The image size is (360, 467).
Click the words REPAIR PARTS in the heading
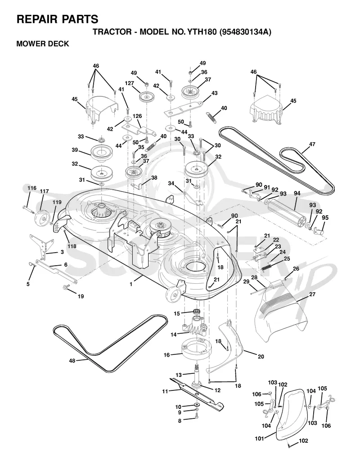[x=58, y=19]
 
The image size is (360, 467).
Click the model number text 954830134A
[x=245, y=32]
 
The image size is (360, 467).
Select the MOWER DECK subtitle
[x=43, y=44]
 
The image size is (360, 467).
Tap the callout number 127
[x=130, y=83]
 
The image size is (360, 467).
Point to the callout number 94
[x=297, y=193]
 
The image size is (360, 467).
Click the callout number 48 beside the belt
[x=72, y=361]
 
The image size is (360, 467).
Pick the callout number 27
[x=312, y=294]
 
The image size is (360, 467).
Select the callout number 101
[x=260, y=439]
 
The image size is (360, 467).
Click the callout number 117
[x=45, y=191]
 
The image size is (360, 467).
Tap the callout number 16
[x=166, y=355]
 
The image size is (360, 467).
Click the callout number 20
[x=261, y=357]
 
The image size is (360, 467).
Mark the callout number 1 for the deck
[x=131, y=285]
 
